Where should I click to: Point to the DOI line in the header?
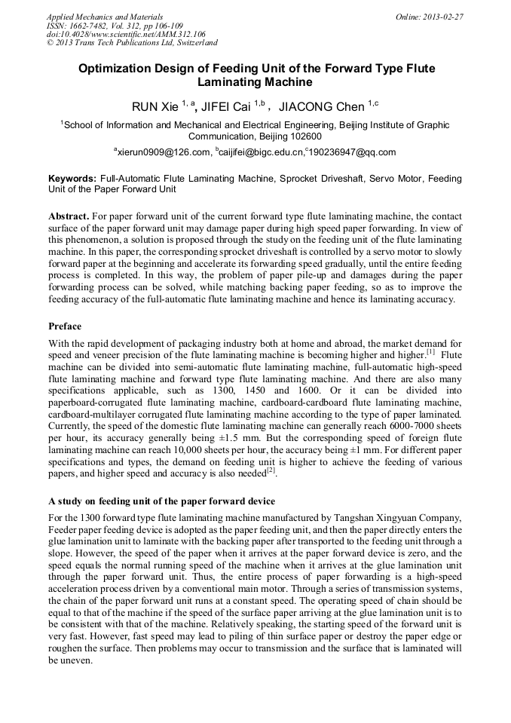pyautogui.click(x=126, y=34)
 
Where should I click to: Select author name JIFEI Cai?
pyautogui.click(x=226, y=107)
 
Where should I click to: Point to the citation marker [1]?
pyautogui.click(x=430, y=351)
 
